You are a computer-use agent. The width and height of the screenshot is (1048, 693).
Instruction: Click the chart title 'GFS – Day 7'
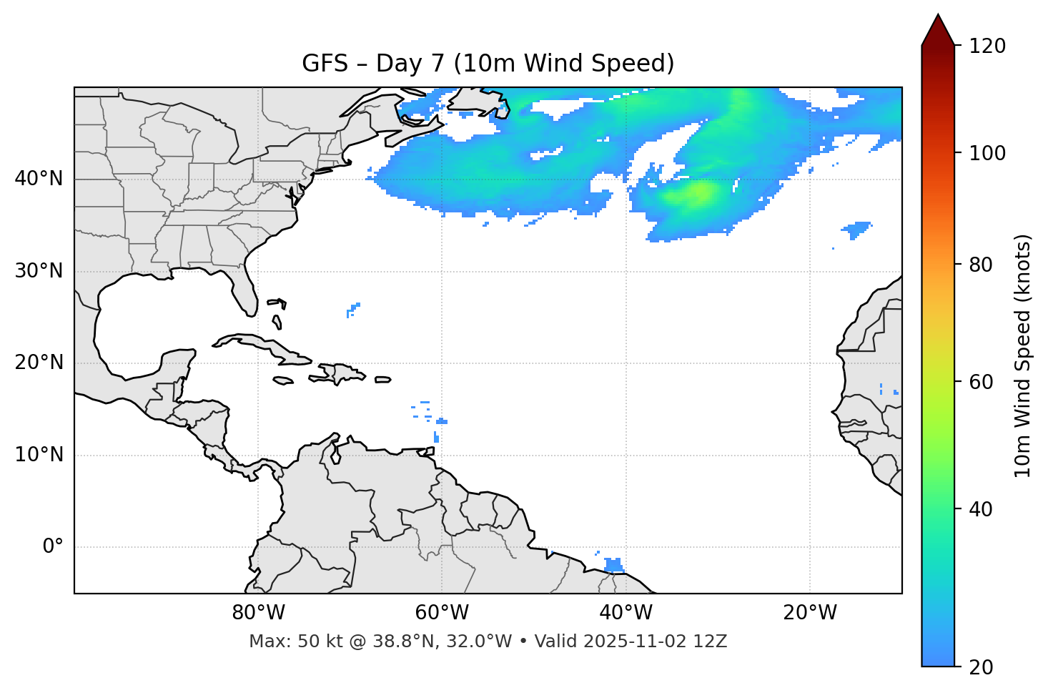click(x=488, y=64)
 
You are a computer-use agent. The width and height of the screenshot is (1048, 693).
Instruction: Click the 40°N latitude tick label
click(x=39, y=179)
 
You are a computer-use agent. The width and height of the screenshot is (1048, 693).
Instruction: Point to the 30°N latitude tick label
click(x=39, y=271)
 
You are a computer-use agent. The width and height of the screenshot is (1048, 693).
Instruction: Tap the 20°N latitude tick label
click(x=39, y=363)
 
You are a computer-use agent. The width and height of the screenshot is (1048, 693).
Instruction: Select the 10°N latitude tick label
click(x=39, y=455)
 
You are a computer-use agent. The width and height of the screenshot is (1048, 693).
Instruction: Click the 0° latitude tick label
click(x=53, y=547)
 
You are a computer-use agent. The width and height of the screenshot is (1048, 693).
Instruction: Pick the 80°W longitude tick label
click(x=258, y=613)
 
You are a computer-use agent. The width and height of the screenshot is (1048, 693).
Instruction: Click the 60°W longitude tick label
click(x=442, y=613)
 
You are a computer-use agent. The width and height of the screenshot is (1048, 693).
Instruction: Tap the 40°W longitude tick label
click(x=626, y=613)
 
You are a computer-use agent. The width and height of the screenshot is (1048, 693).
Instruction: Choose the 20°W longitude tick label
click(x=810, y=613)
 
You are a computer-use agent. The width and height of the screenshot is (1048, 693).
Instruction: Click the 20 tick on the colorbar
click(x=982, y=667)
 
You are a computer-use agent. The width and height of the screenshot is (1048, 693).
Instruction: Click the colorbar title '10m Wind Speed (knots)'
click(x=1023, y=355)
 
